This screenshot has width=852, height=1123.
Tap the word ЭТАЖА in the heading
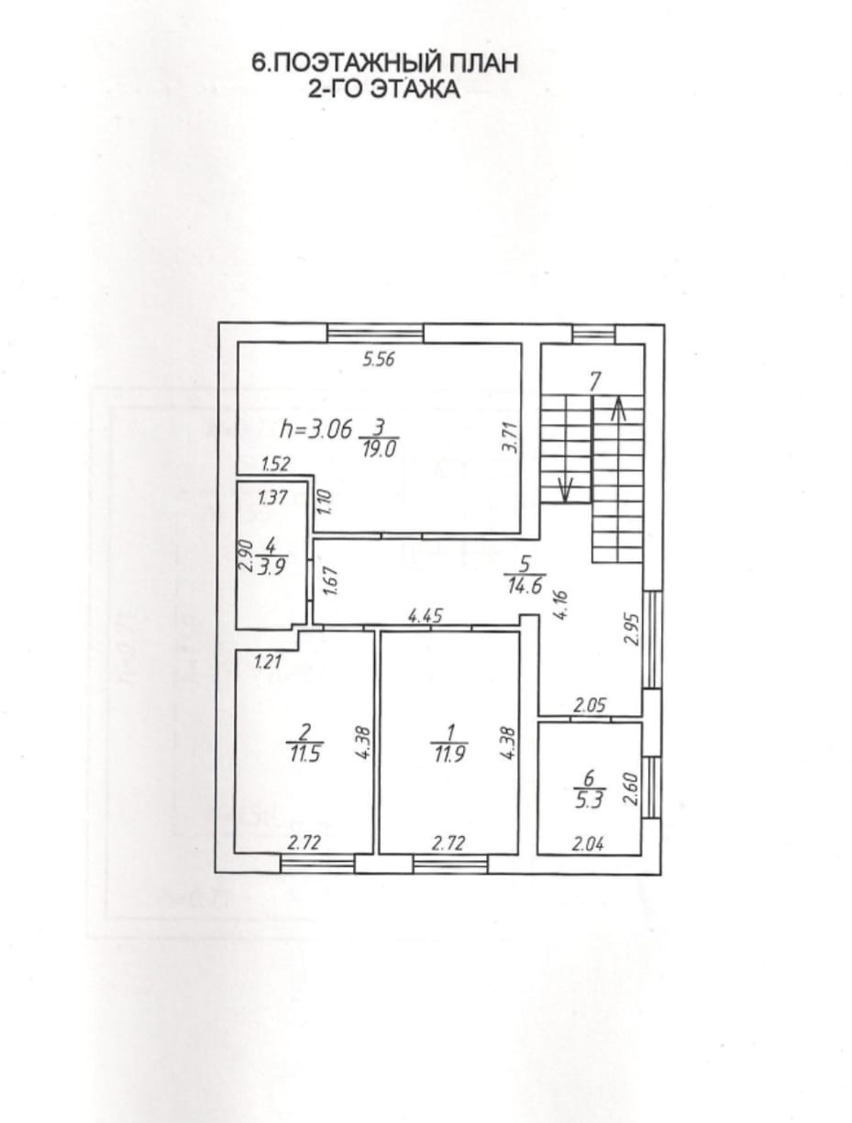(x=414, y=89)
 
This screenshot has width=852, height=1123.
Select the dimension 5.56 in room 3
(x=379, y=359)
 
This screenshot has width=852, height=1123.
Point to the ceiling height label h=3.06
(x=316, y=429)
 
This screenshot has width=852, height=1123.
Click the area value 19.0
(x=379, y=450)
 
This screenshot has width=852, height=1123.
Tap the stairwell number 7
(x=594, y=381)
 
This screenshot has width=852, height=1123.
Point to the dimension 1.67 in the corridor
(x=331, y=579)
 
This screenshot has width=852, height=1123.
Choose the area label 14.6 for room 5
(x=525, y=585)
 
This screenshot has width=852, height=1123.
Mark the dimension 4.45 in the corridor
(x=426, y=615)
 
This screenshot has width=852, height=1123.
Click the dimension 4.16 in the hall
(x=562, y=605)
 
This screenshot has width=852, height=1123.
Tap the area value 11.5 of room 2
(x=305, y=754)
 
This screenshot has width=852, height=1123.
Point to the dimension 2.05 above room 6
(x=589, y=706)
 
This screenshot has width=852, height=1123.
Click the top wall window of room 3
(x=375, y=333)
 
